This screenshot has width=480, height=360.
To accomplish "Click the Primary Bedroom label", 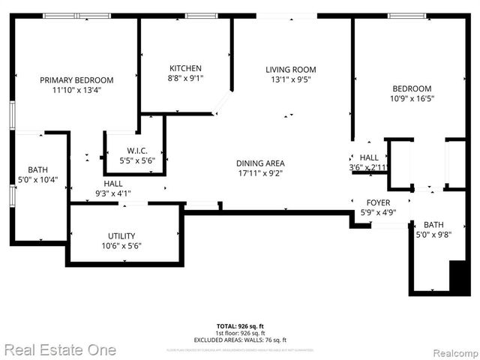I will [76, 80].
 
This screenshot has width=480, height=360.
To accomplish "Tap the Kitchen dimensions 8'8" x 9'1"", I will [185, 77].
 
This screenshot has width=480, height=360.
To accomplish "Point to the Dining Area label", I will [260, 163].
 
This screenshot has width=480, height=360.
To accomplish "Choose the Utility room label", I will [121, 235].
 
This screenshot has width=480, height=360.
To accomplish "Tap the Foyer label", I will [378, 203].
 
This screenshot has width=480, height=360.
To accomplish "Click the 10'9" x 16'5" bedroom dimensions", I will [412, 98].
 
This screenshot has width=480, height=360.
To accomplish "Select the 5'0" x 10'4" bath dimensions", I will [37, 180].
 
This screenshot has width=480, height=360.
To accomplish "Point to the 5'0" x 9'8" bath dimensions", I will [433, 235].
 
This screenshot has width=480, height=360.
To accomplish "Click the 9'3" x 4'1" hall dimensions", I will [113, 193].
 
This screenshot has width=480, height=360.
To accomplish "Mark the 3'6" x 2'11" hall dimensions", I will [368, 167].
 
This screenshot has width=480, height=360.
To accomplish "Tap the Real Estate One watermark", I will [60, 349].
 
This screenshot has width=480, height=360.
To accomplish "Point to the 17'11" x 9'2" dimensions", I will [260, 174].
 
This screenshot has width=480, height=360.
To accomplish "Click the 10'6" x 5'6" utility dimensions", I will [121, 246].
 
